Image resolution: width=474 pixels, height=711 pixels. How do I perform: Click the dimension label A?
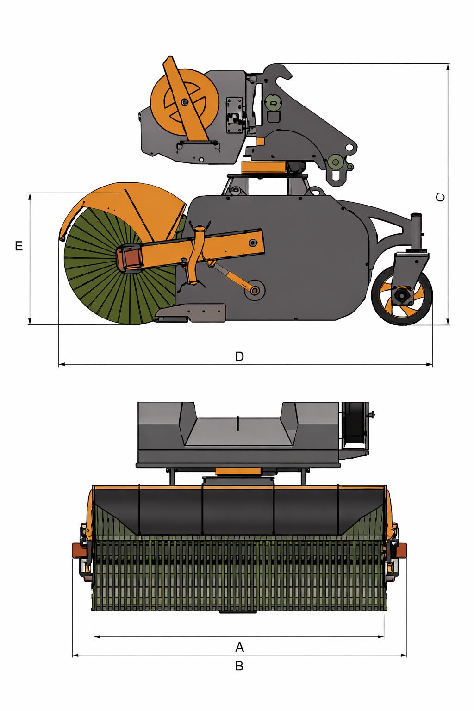click(x=239, y=647)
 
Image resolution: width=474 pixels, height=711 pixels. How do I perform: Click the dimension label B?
click(x=239, y=666)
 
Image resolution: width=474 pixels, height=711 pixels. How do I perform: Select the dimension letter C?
click(x=441, y=197)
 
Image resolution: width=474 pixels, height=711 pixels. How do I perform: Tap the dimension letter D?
click(x=239, y=356)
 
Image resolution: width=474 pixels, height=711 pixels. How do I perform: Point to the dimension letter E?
click(x=19, y=246)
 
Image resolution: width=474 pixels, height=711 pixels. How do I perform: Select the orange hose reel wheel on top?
click(x=184, y=102)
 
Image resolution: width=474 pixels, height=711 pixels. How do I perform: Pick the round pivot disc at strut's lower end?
click(x=255, y=290)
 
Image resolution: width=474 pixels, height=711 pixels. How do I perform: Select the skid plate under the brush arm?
click(x=192, y=313)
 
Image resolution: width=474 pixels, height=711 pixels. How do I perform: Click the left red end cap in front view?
click(x=77, y=550)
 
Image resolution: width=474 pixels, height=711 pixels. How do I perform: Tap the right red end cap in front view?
click(x=401, y=550)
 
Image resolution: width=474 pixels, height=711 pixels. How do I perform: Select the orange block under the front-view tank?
click(x=238, y=471)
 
